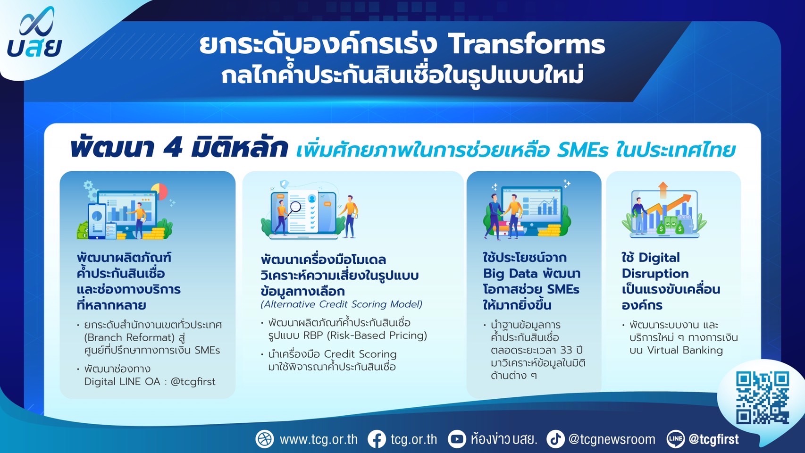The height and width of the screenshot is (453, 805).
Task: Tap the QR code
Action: tap(762, 398)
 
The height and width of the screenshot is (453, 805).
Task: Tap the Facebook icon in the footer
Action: tap(377, 439)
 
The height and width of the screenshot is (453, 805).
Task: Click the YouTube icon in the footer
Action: tap(457, 439)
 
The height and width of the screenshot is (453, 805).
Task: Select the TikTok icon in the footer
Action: tap(555, 439)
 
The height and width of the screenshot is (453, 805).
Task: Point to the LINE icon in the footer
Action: tap(676, 439)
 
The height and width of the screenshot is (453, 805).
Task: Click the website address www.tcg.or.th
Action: tap(319, 439)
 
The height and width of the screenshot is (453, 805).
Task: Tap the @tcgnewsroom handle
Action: tap(612, 439)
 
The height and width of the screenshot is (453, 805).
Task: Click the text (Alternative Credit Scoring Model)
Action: tap(342, 304)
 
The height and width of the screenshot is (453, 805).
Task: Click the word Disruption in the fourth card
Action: tap(655, 274)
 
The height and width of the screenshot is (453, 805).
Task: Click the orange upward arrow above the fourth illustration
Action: tap(663, 190)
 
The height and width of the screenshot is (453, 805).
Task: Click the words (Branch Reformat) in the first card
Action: tap(130, 337)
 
